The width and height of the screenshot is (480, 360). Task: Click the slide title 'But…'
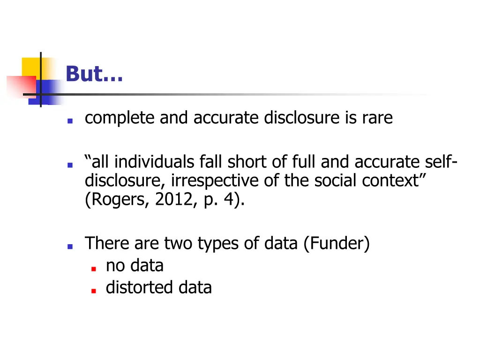click(x=94, y=74)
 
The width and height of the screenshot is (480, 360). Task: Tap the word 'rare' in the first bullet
click(x=377, y=118)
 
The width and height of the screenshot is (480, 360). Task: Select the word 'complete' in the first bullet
click(x=120, y=118)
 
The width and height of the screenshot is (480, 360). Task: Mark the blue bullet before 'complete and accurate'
click(x=69, y=120)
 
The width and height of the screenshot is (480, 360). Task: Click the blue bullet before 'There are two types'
click(x=69, y=246)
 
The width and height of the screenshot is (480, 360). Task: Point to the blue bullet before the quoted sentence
click(x=69, y=165)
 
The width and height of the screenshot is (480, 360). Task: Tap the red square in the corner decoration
click(x=21, y=86)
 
